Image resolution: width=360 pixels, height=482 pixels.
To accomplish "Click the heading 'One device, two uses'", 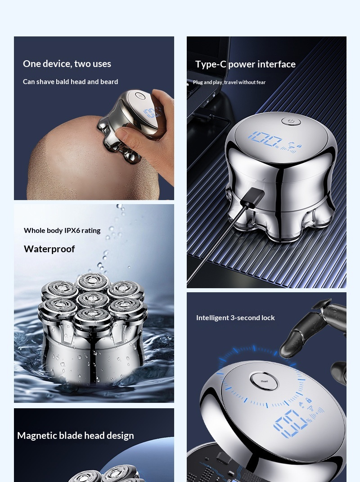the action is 67,64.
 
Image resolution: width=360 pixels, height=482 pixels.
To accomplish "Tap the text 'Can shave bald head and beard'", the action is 71,82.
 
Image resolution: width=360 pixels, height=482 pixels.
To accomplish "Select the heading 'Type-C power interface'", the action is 245,64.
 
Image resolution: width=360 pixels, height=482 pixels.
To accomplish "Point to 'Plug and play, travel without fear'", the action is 229,82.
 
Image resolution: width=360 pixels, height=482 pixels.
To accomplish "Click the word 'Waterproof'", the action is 49,249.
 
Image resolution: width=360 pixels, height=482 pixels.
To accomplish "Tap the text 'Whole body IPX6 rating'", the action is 62,231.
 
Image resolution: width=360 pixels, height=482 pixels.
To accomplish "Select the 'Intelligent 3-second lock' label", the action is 235,318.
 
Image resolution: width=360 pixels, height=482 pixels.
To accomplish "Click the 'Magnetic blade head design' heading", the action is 76,436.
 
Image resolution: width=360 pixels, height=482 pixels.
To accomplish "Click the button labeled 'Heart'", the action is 264,381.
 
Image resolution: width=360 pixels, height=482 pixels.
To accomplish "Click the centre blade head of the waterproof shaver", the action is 92,299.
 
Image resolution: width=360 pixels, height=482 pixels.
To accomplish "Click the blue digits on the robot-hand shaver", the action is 290,423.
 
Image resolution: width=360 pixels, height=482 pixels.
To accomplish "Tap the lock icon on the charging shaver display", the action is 299,146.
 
